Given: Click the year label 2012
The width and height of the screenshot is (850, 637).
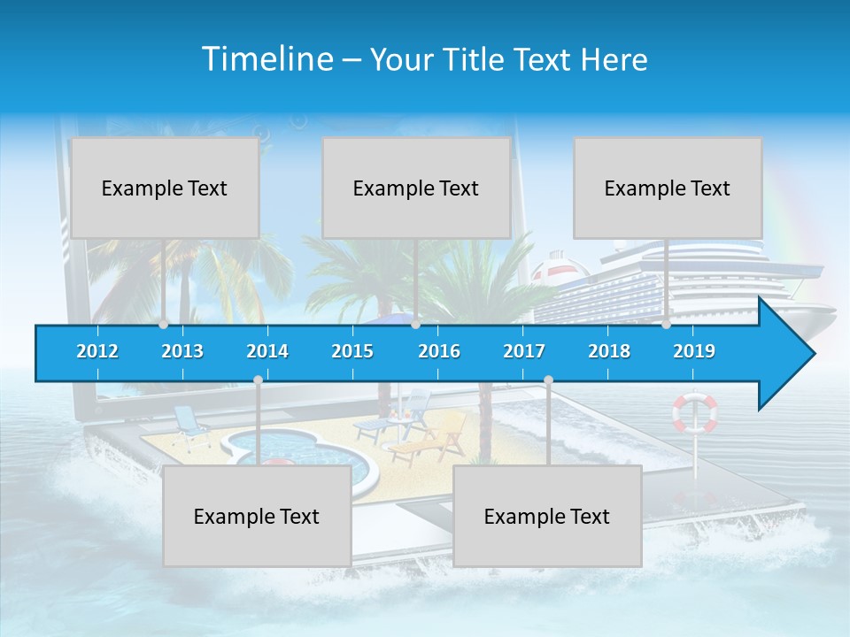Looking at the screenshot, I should coord(97,351).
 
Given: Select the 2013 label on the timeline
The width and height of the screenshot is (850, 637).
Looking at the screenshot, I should coord(182,351).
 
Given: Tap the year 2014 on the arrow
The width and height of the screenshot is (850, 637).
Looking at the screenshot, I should coord(267,351).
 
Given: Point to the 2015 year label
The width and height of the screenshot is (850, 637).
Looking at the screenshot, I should coord(352,351).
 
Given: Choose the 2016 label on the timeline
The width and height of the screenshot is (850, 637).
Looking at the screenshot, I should coord(439,351).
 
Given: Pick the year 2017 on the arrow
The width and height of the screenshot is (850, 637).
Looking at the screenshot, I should coord(524,351).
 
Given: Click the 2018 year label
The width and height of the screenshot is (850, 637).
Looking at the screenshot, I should coord(609,351).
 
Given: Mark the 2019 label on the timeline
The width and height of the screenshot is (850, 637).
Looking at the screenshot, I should coord(694,351).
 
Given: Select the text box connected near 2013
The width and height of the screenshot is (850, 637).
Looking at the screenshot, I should coord(165,188).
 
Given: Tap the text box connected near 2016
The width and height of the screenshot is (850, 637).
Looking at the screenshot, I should coord(416,188).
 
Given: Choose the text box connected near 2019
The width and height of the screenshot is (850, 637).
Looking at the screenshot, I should coord(668,188).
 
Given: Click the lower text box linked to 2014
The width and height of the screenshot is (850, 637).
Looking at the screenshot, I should coord(257,516).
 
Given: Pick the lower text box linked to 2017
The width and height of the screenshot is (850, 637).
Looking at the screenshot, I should coord(547,516).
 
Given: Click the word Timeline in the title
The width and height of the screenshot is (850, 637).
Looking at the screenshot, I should coord(266,59).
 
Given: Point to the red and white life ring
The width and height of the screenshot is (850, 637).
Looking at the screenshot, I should coord(695,413).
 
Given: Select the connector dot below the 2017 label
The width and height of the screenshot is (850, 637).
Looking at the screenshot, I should coord(548,380).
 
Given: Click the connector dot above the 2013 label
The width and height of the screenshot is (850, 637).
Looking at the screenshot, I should coord(164,325).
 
